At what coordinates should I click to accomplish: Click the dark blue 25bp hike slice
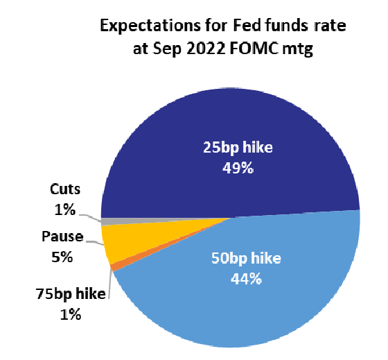[230, 124]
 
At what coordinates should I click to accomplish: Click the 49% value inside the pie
[238, 169]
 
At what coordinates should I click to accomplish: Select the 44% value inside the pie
[246, 280]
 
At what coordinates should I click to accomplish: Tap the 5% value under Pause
[62, 257]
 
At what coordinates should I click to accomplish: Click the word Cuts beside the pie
[65, 189]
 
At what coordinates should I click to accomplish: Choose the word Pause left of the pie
[62, 237]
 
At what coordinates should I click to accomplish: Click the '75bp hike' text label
[71, 294]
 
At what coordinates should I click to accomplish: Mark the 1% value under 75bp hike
[71, 314]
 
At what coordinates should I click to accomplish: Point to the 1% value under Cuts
[65, 210]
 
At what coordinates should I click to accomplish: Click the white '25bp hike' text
[238, 148]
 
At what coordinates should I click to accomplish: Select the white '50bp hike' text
[246, 258]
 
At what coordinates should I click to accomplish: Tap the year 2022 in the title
[206, 49]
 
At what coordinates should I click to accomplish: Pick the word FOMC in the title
[254, 49]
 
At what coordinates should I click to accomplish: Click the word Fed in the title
[244, 25]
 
